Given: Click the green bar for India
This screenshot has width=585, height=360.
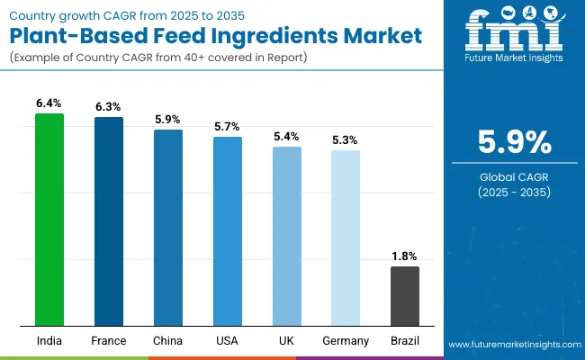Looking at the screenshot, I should click(x=49, y=220).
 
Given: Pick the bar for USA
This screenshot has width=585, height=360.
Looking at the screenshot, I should click(x=228, y=231).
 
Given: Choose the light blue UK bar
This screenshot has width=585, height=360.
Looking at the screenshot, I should click(x=287, y=236).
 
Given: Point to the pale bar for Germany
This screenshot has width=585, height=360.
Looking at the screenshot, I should click(x=346, y=238).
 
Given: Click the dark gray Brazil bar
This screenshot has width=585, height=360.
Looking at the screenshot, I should click(x=405, y=296).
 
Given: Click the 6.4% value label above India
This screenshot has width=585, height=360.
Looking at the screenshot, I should click(x=49, y=104).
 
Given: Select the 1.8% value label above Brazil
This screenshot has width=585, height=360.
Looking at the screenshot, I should click(x=405, y=256).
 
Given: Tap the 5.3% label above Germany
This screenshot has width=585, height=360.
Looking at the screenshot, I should click(x=346, y=140).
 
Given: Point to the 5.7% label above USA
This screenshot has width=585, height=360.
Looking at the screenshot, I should click(x=228, y=127).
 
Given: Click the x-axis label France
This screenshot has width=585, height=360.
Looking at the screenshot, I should click(x=109, y=341).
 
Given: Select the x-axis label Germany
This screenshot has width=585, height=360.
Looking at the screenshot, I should click(x=346, y=341).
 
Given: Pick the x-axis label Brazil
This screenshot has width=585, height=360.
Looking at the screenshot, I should click(x=405, y=341).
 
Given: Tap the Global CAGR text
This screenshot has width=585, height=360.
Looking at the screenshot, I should click(x=512, y=177).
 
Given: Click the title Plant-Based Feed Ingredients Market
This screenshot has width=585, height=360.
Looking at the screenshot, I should click(x=215, y=37).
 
